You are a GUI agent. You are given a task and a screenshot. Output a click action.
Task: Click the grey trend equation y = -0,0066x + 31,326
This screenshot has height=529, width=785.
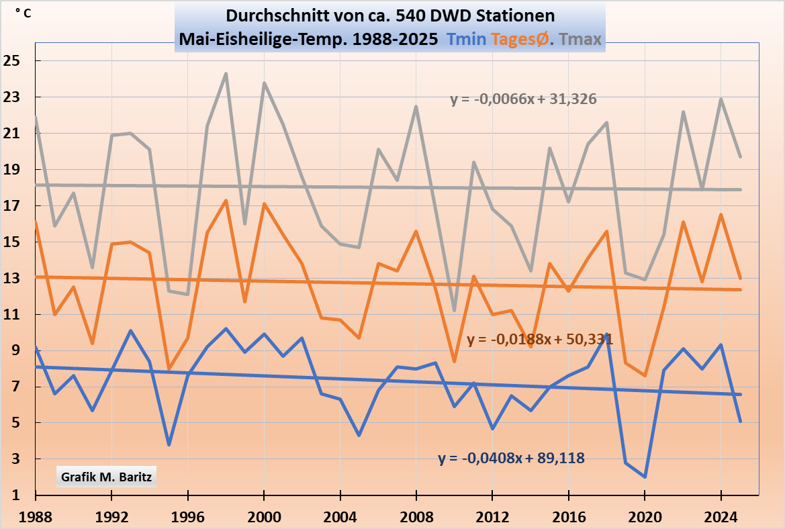523,99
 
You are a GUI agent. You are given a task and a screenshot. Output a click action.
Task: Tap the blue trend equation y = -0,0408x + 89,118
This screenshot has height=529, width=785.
511,459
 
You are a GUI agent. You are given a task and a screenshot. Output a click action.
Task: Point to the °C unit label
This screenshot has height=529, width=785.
22,14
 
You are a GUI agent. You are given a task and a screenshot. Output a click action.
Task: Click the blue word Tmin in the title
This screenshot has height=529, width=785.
467,40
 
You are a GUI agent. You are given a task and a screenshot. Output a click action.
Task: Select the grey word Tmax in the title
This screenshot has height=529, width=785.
580,40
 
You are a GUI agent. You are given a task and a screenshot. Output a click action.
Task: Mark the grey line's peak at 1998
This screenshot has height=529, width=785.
226,74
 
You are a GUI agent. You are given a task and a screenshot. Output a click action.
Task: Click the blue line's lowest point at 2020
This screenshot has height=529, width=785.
645,477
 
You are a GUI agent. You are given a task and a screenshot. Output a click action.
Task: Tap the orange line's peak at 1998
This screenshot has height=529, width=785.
226,200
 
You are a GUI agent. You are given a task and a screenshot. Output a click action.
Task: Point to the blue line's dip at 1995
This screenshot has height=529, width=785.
169,444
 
